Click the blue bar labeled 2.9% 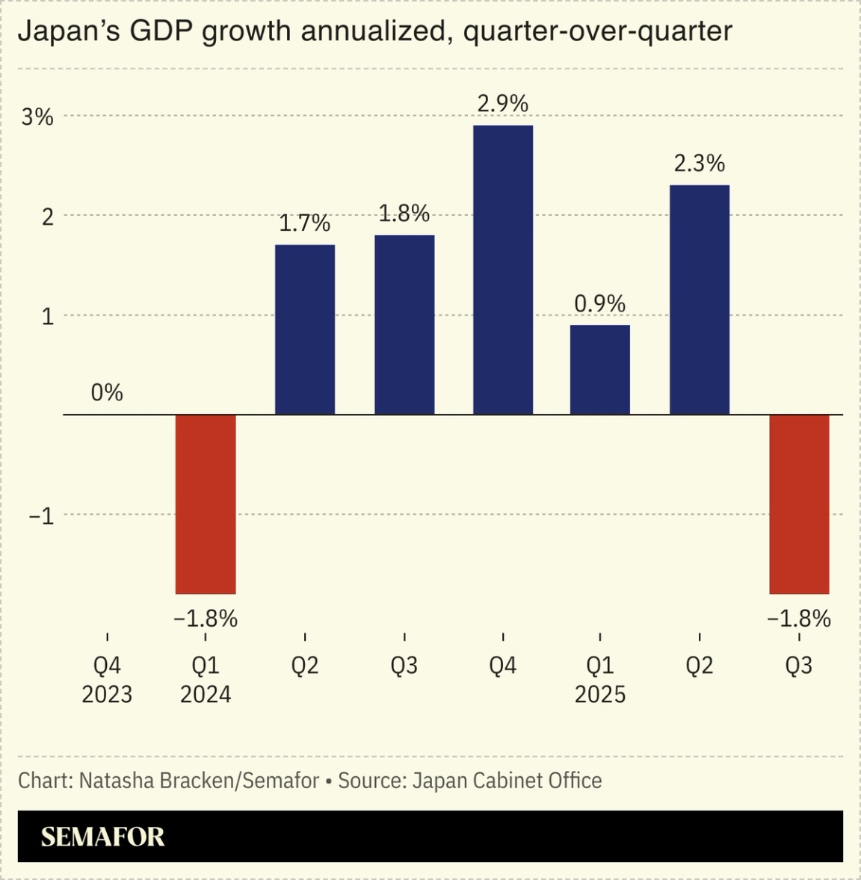point(503,270)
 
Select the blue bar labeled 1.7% point(305,329)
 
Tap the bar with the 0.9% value point(599,369)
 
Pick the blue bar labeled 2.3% point(699,300)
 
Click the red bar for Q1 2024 point(206,503)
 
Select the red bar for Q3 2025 point(799,503)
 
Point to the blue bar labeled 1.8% point(404,324)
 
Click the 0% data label point(107,392)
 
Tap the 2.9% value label point(503,103)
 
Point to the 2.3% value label point(699,163)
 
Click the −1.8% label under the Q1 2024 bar point(206,619)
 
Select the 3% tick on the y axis point(37,117)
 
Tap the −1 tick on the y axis point(41,515)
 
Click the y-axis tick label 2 point(47,217)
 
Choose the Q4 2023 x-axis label point(107,680)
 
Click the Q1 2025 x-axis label point(599,680)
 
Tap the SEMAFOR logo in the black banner point(102,837)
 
